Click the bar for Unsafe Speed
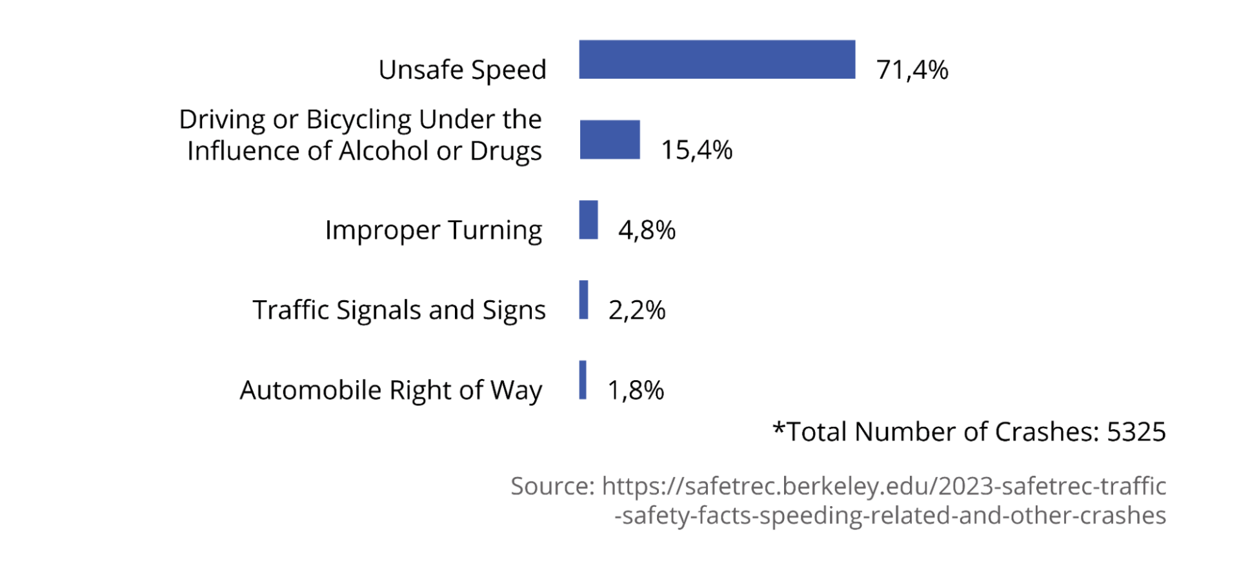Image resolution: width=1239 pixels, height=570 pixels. pos(717,59)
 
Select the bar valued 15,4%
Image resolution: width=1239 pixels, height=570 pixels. pos(610,139)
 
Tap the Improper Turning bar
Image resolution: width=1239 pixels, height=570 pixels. pos(589,219)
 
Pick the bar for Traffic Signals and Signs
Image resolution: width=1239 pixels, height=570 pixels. pos(583,300)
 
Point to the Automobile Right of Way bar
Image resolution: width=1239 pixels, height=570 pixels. pos(583,380)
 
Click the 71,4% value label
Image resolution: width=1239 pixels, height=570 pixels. pos(912,70)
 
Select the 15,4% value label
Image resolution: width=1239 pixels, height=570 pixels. pos(696,150)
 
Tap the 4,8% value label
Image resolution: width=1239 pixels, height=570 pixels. pos(647,230)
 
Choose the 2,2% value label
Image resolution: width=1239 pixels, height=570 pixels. pos(636,310)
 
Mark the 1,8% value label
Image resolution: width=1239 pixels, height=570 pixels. pos(636,390)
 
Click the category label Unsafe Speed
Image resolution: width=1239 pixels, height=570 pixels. pos(462,70)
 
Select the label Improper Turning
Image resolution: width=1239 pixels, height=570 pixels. pos(433,230)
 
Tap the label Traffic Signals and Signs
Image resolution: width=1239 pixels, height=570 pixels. pos(399,310)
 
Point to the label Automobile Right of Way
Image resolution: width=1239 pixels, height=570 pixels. pos(391,391)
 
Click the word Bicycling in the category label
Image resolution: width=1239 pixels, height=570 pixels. pos(358,120)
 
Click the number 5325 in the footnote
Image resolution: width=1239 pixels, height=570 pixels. pos(1136,432)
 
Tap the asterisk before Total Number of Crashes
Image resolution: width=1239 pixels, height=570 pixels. pos(779,428)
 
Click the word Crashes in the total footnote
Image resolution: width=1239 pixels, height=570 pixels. pos(1045,432)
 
